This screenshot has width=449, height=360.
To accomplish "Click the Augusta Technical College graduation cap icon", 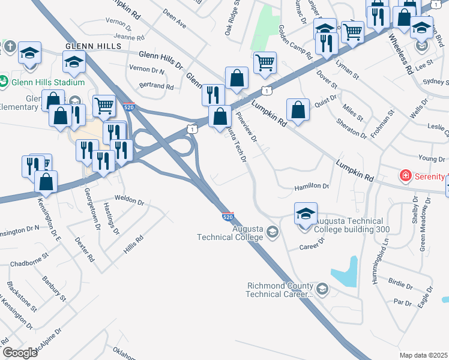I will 272,232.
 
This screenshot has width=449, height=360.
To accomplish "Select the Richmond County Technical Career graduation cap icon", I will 322,290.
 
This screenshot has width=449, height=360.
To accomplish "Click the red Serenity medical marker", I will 406,176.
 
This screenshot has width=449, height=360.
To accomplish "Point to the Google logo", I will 19,353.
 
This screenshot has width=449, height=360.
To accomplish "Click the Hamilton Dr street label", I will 312,187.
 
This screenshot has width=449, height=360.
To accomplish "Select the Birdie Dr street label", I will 400,283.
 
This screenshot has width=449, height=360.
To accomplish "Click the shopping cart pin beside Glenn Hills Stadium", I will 104,106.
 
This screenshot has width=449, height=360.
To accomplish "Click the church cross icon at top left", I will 10,47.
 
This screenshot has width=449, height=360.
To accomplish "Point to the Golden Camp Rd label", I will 295,42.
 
